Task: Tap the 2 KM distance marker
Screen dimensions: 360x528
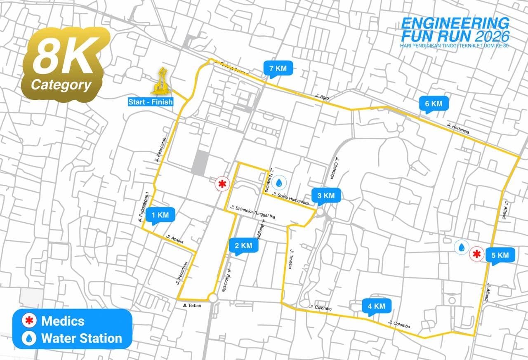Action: coord(243,245)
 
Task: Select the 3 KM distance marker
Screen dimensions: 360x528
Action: coord(326,195)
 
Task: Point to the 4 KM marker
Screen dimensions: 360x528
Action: coord(376,306)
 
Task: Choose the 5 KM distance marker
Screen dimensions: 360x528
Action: coord(500,255)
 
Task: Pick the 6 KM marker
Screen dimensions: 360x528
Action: coord(434,104)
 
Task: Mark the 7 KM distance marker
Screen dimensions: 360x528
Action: coord(278,68)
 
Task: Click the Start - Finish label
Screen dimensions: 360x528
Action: coord(150,102)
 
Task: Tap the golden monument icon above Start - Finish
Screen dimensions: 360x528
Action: coord(161,81)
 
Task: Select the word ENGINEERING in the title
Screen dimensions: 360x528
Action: coord(455,23)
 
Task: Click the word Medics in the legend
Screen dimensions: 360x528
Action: coord(63,321)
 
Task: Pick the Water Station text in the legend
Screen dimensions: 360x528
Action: coord(82,339)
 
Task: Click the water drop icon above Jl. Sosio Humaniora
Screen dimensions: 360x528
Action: coord(279,182)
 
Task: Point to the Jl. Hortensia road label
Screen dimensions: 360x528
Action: coord(457,128)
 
